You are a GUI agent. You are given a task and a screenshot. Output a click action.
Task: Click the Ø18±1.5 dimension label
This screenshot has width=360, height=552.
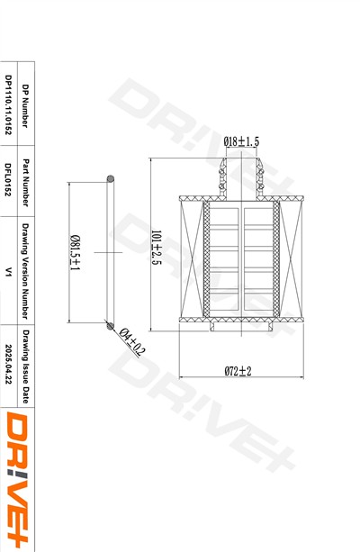click(x=241, y=141)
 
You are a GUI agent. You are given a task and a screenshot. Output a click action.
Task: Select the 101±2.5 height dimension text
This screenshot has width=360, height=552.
click(x=156, y=247)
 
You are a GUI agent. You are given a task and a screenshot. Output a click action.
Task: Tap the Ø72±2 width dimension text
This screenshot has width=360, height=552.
click(x=238, y=371)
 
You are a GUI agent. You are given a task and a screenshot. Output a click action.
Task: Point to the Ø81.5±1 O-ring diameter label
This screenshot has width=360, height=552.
click(x=75, y=252)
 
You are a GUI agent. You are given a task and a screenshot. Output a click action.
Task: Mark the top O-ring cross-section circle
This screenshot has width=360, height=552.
click(x=111, y=179)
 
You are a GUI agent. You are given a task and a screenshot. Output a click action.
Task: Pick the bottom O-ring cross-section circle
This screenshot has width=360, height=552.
click(x=111, y=326)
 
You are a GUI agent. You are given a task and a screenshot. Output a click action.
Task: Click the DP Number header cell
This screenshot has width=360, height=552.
click(x=25, y=105)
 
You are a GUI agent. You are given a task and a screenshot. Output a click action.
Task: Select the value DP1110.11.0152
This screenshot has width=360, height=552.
click(x=8, y=104)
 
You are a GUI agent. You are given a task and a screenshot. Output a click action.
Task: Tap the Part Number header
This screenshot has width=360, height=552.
click(x=25, y=183)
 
